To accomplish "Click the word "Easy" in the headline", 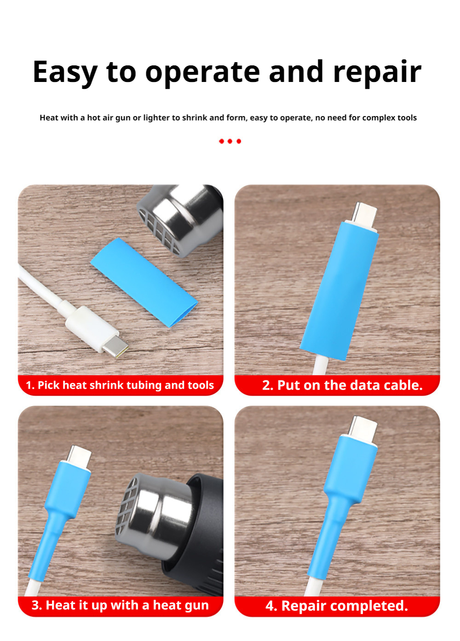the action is tap(65, 72).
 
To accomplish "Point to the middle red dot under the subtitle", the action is tap(230, 141).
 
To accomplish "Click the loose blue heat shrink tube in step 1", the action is tap(144, 282).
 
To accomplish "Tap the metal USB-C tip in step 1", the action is tap(115, 347).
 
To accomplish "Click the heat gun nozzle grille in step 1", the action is tap(157, 229).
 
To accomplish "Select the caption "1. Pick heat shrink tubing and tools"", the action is tap(120, 385).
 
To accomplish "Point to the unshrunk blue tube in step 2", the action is tap(339, 291).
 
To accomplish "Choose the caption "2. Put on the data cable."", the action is tap(342, 385).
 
